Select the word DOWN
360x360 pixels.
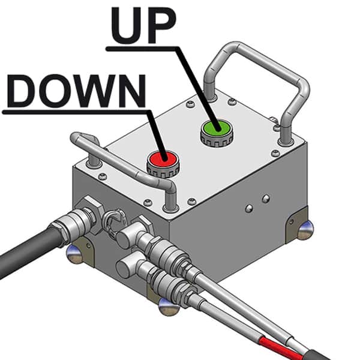(x=76, y=91)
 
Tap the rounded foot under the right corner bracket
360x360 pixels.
(x=304, y=231)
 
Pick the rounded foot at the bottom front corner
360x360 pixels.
(x=169, y=307)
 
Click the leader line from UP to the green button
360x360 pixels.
(x=197, y=88)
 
